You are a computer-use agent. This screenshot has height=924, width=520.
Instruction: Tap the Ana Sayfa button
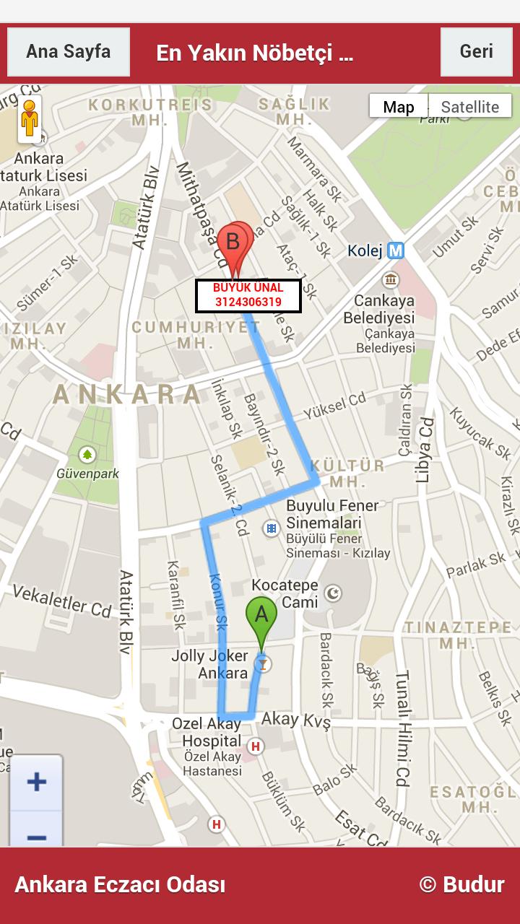69,52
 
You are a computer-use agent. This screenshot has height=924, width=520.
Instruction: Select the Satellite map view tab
469,107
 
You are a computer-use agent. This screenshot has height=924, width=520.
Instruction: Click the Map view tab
399,107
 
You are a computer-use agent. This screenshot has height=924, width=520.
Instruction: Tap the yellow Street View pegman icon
30,118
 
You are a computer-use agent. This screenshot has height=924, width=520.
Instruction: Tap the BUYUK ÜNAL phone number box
248,295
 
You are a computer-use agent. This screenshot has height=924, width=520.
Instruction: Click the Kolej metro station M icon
395,250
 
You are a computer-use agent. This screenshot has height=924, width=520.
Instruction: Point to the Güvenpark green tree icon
87,455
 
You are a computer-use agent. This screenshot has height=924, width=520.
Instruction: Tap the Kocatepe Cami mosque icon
333,593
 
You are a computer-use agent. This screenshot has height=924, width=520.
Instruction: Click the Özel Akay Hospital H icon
254,746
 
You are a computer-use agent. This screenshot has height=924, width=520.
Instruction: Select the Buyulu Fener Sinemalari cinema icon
271,529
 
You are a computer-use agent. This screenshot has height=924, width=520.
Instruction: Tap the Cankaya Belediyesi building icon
391,280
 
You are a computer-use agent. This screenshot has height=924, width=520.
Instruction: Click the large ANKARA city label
128,394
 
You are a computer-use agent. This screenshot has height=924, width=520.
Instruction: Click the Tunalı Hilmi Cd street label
402,729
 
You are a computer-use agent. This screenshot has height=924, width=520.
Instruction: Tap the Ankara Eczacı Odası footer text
120,885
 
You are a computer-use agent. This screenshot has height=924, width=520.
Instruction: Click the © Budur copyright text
461,885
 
